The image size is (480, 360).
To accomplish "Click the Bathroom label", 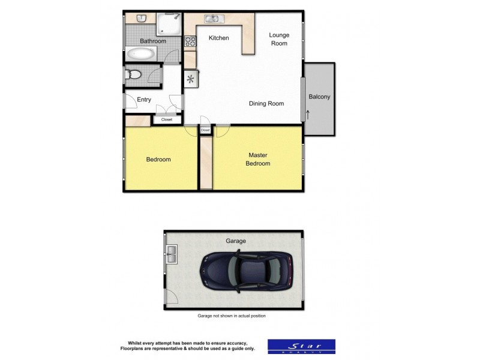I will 153,41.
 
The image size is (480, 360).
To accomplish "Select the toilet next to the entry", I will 134,75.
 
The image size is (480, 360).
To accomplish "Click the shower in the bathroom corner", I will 170,24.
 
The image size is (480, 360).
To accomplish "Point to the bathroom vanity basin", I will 142,18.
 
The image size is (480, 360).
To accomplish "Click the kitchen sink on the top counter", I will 213,19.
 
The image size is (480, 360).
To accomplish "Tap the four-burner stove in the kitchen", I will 190,41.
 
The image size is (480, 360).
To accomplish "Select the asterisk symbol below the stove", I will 191,79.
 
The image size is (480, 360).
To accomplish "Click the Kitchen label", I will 218,38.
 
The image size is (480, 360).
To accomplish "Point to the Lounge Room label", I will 279,39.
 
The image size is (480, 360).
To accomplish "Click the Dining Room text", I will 266,104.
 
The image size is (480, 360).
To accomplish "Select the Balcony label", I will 319,97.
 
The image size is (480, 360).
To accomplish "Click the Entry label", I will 144,100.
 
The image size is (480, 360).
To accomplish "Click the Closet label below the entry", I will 166,119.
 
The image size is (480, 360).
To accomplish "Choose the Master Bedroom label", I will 259,159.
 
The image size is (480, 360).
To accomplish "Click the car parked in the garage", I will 246,271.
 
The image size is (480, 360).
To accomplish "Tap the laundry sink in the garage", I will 172,254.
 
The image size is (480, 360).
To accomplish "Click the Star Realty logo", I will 301,346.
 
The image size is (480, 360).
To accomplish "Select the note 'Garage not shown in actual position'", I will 231,316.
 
